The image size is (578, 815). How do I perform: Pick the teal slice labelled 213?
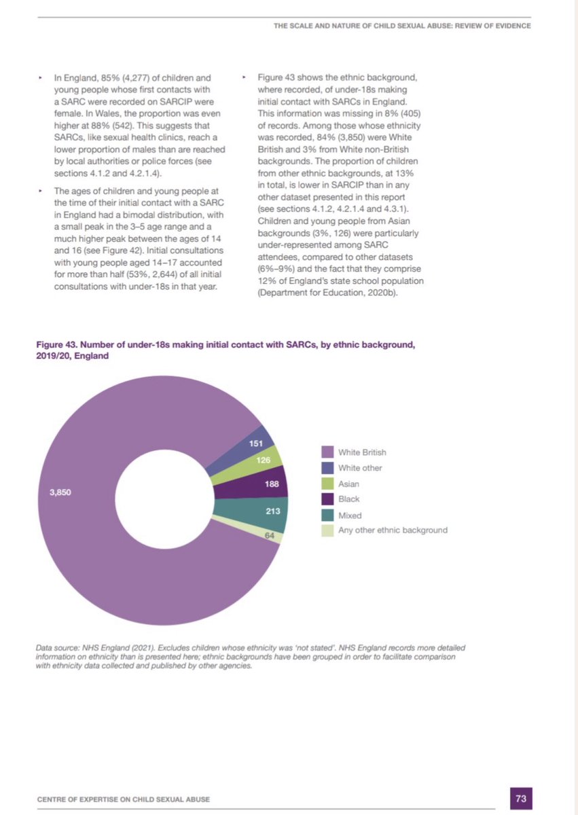[x=273, y=511]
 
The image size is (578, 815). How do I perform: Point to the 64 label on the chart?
[x=269, y=535]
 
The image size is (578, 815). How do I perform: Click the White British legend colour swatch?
[x=327, y=452]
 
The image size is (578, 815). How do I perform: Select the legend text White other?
[x=360, y=468]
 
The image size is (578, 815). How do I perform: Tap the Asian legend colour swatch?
[x=327, y=484]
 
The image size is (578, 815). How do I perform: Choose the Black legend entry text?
[x=348, y=499]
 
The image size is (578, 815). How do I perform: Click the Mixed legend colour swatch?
[x=327, y=515]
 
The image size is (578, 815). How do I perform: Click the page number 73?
[x=522, y=798]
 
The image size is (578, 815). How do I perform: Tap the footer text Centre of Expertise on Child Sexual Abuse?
[x=128, y=800]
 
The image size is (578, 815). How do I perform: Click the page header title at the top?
[x=401, y=26]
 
